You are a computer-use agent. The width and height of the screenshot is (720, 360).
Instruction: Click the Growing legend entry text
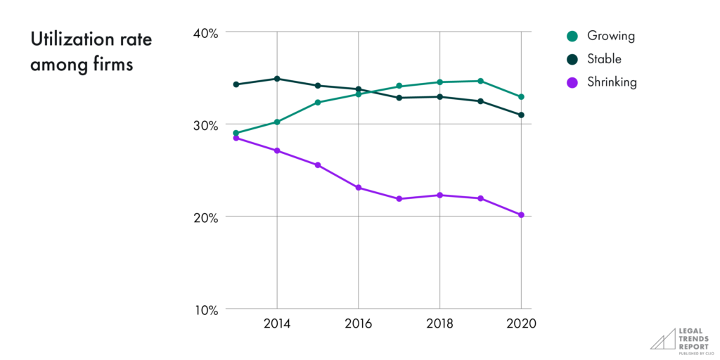coord(610,36)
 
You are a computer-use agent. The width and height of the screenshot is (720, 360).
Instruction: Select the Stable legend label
coord(605,59)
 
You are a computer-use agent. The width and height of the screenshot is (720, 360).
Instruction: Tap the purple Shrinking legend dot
coord(572,82)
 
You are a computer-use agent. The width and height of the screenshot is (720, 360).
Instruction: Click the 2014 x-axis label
coord(277,324)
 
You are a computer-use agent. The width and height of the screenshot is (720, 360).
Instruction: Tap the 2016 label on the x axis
coord(359,324)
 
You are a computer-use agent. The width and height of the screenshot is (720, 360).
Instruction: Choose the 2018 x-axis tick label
coord(440,324)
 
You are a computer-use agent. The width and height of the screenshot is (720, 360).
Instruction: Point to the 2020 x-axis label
coord(521,324)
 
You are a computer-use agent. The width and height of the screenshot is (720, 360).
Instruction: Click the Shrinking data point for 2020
coord(521,215)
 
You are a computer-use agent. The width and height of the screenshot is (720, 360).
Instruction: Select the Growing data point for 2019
coord(480,81)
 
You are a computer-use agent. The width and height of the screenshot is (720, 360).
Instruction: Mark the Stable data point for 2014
coord(277,79)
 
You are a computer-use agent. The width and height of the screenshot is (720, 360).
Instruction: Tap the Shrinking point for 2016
coord(359,188)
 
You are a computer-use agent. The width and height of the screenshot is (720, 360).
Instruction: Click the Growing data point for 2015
coord(318,103)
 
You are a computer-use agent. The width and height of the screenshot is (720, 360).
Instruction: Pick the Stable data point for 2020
coord(521,115)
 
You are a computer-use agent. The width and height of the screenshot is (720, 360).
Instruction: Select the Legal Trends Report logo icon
coord(662,338)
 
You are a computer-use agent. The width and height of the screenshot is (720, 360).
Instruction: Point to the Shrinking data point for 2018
coord(440,195)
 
